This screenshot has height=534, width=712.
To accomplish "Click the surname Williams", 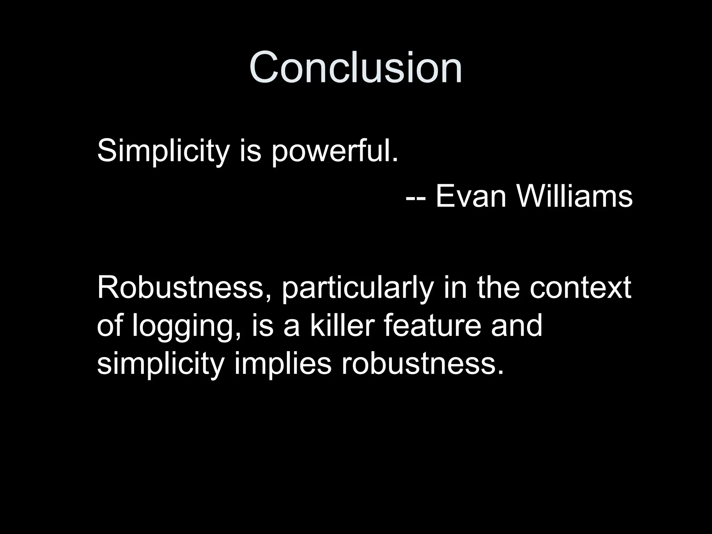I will (x=574, y=196).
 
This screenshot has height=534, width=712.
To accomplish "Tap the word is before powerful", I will (x=250, y=152).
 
